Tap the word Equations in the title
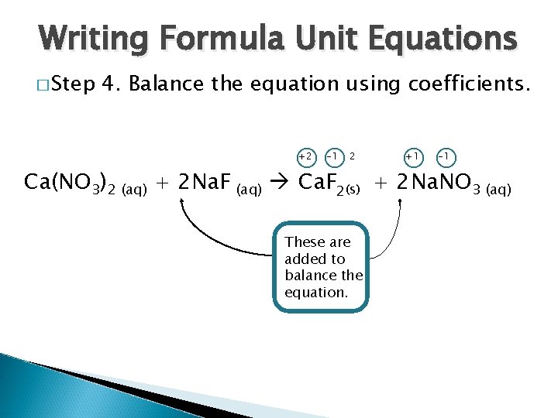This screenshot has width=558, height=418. click(438, 37)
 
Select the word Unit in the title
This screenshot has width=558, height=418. click(329, 37)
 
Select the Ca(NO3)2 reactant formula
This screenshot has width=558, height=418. click(71, 183)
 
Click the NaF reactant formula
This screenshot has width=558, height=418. click(213, 183)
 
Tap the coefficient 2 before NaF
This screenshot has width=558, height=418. click(184, 183)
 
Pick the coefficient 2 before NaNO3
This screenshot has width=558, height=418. click(401, 183)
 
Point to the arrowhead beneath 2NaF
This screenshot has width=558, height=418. click(183, 201)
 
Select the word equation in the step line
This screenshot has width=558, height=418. click(320, 83)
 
